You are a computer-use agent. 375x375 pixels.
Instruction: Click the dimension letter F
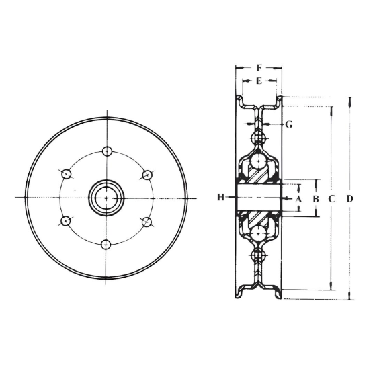pyautogui.click(x=259, y=68)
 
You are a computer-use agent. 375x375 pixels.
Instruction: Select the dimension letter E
pyautogui.click(x=259, y=81)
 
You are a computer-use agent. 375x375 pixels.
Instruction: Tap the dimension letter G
pyautogui.click(x=289, y=124)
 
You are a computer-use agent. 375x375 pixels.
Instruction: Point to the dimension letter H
pyautogui.click(x=220, y=198)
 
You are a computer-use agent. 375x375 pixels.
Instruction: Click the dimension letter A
pyautogui.click(x=298, y=199)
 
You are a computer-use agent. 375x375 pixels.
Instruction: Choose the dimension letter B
pyautogui.click(x=316, y=199)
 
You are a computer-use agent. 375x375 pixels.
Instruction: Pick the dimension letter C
pyautogui.click(x=332, y=199)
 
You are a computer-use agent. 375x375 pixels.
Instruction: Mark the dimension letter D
pyautogui.click(x=349, y=199)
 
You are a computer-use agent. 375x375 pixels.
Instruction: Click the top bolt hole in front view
pyautogui.click(x=107, y=151)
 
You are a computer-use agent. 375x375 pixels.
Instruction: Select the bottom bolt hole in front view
pyautogui.click(x=106, y=245)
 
